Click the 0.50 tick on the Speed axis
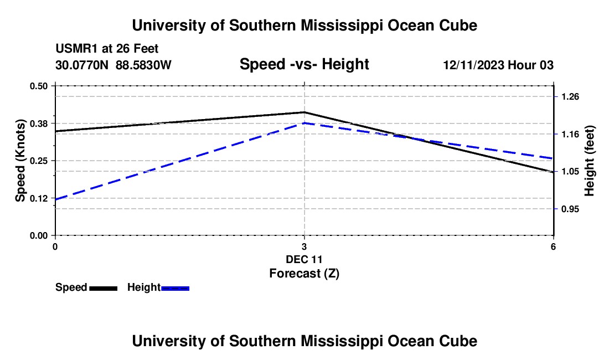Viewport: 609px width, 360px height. (x=38, y=86)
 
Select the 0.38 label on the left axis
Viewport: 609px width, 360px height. (x=38, y=124)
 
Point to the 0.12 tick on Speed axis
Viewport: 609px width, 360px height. (x=38, y=198)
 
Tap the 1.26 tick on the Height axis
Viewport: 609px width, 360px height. (x=570, y=97)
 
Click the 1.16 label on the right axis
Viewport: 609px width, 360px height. (x=570, y=135)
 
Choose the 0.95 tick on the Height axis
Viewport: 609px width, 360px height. (x=570, y=209)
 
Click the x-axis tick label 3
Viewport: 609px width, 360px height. (x=304, y=246)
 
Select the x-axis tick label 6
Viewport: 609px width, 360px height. (x=553, y=246)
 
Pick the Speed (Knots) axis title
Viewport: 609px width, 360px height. (x=20, y=161)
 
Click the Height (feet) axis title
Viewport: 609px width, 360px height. (x=589, y=161)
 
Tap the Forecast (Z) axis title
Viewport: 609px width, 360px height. (x=304, y=274)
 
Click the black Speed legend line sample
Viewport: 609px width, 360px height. (x=104, y=288)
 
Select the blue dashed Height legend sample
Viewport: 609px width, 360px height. (x=175, y=288)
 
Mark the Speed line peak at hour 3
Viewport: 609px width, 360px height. (x=304, y=112)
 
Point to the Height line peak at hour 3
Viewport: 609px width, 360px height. (x=304, y=123)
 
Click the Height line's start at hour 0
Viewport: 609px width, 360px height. (x=55, y=199)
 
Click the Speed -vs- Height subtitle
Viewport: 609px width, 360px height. (x=304, y=64)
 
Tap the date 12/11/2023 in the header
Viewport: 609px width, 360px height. (x=474, y=65)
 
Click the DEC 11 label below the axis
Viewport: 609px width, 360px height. (x=304, y=259)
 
